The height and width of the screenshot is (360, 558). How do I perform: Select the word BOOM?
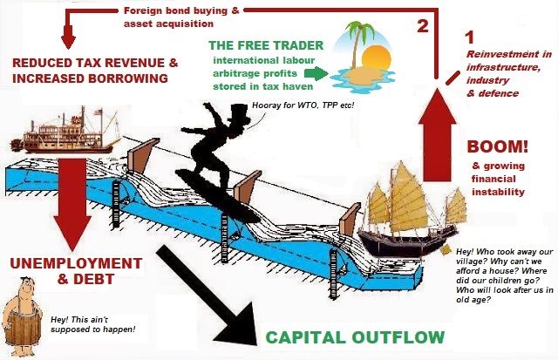(x=497, y=146)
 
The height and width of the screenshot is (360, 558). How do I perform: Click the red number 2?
(x=423, y=25)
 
